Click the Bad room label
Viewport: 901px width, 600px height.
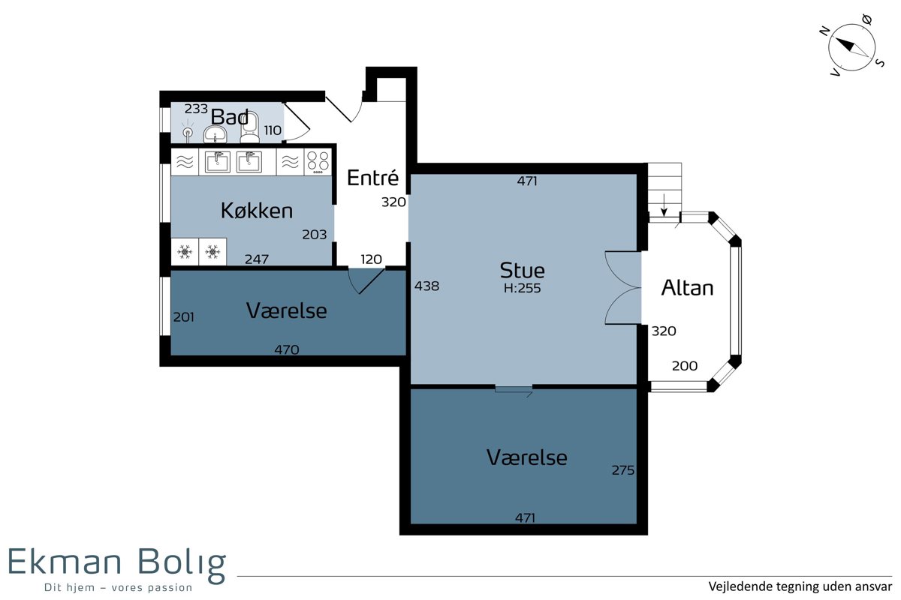(230, 117)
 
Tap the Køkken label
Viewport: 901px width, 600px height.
(257, 211)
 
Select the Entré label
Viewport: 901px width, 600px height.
(372, 178)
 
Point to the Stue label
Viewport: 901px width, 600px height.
(522, 271)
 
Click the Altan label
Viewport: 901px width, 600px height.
(687, 288)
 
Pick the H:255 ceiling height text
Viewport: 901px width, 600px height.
(522, 288)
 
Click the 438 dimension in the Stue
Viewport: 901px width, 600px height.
(426, 286)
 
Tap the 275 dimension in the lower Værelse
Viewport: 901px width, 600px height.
(623, 470)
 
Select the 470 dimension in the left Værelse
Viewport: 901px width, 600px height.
(286, 349)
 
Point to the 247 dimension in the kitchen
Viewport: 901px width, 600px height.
(257, 259)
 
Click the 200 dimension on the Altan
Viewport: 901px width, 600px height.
(685, 366)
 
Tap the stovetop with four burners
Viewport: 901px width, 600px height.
(318, 162)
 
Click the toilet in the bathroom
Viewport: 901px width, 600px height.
(249, 127)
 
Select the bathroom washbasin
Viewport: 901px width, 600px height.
(215, 134)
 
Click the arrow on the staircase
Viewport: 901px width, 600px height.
(664, 205)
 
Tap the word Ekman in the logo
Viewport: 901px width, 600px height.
(65, 562)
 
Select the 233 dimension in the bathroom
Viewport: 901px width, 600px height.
(196, 109)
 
